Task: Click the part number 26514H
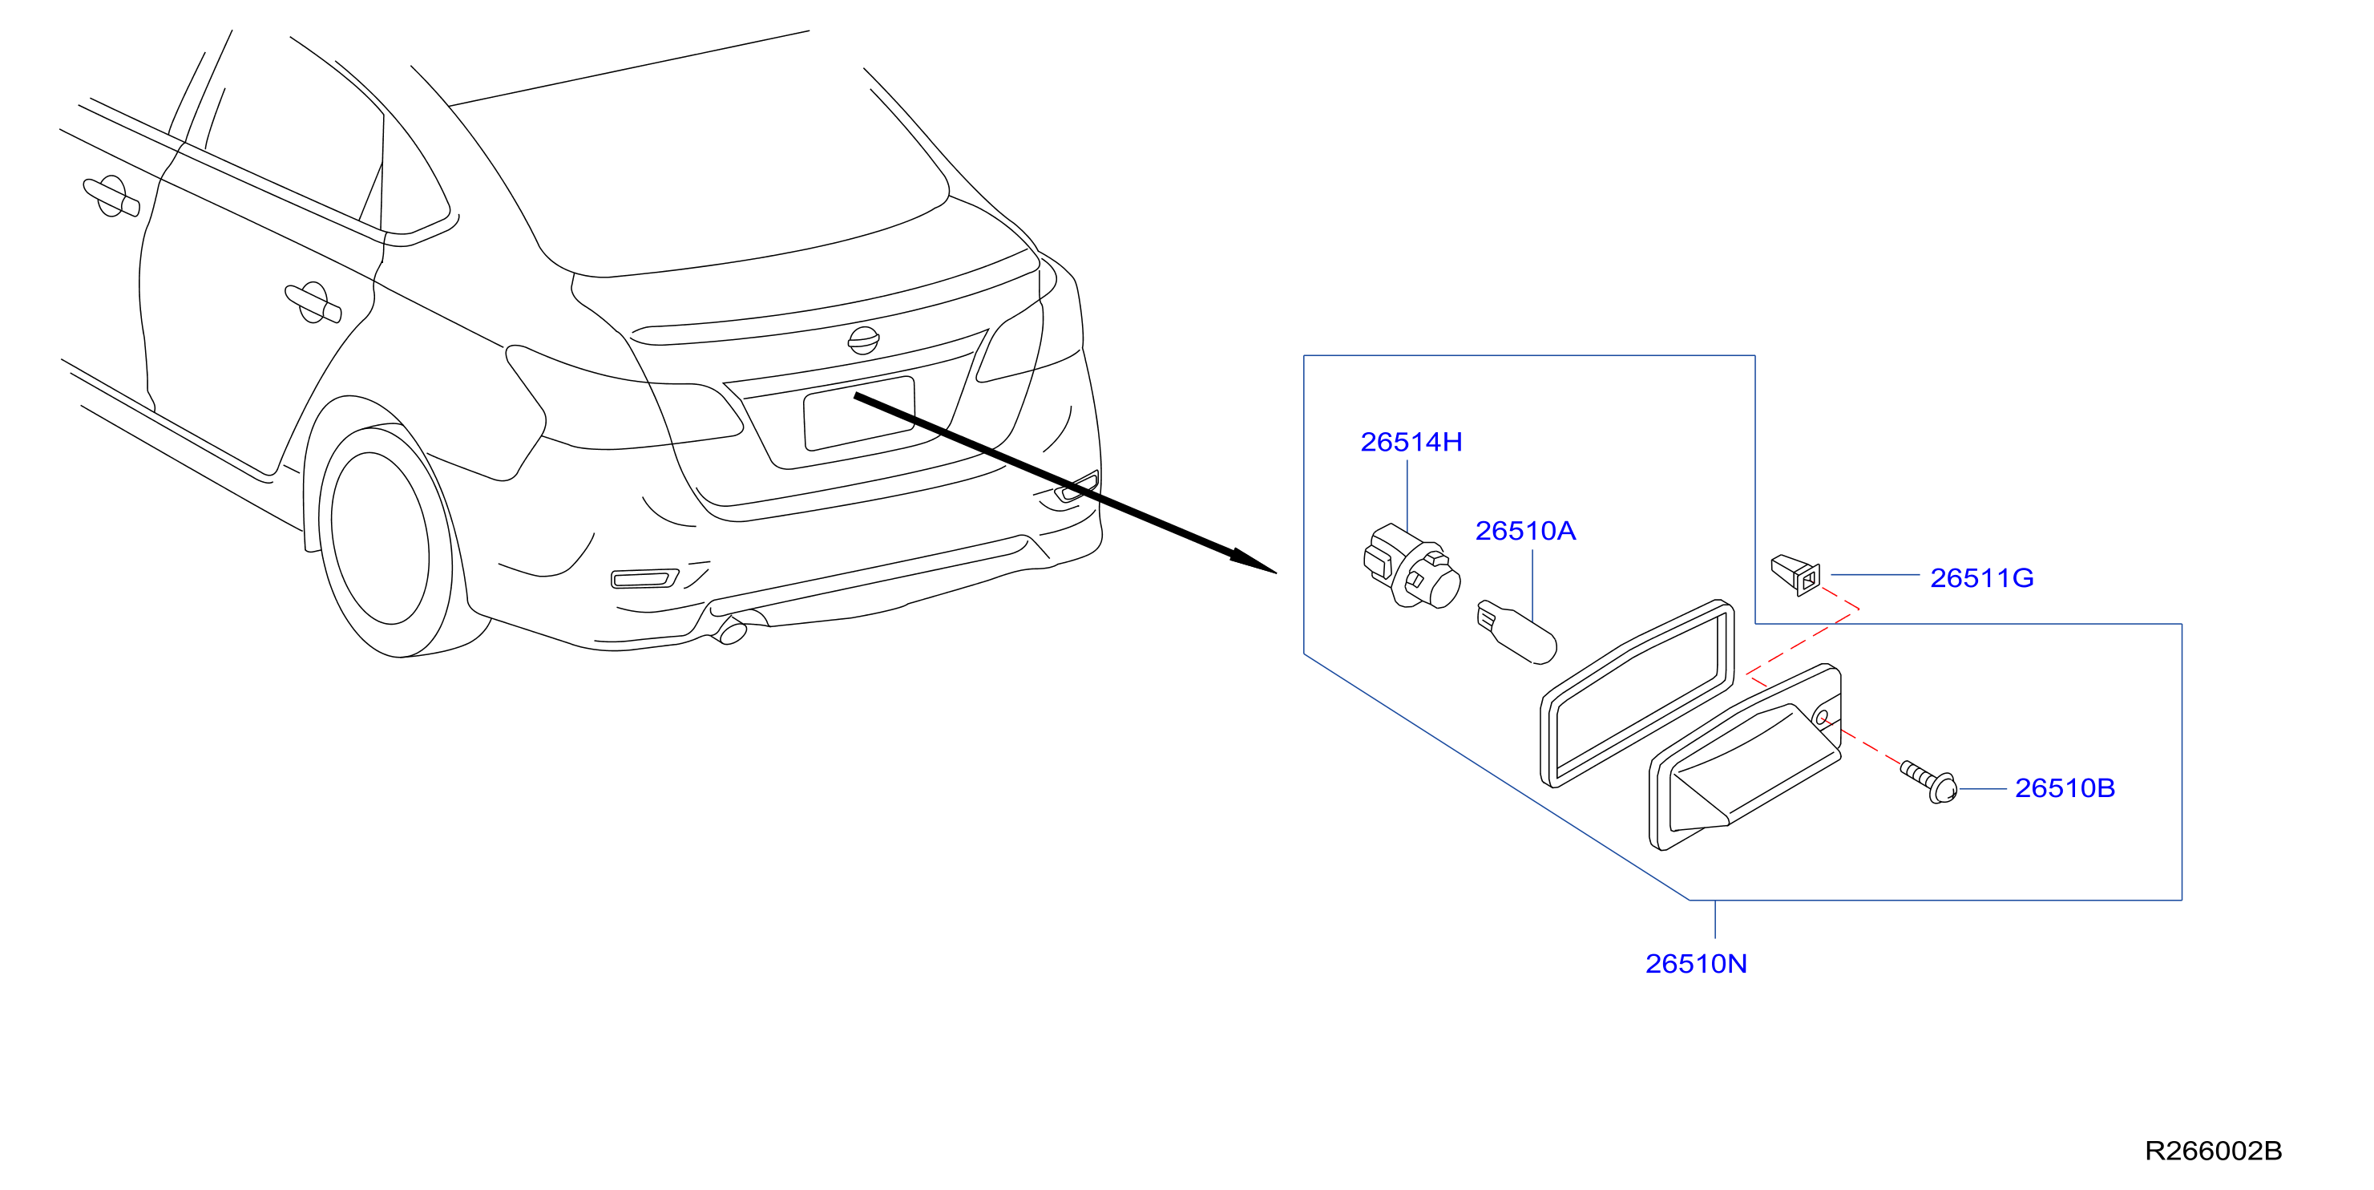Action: click(x=1411, y=443)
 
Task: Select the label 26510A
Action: click(x=1525, y=531)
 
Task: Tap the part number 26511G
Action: click(x=1981, y=578)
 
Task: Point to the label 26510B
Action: click(x=2065, y=788)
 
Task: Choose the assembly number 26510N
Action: click(x=1696, y=963)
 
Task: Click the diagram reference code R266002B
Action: click(x=2214, y=1151)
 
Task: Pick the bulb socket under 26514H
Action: click(x=1411, y=566)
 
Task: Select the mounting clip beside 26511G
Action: click(x=1795, y=574)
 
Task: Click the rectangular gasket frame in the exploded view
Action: click(x=1637, y=693)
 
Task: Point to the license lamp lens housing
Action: click(x=1745, y=757)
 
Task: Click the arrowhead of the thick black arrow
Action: click(x=1254, y=561)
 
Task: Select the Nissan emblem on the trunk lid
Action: click(x=862, y=340)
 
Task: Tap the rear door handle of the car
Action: click(x=313, y=302)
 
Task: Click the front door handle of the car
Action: click(x=111, y=196)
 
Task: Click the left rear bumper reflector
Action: click(x=645, y=578)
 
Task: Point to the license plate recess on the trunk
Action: click(x=859, y=414)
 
